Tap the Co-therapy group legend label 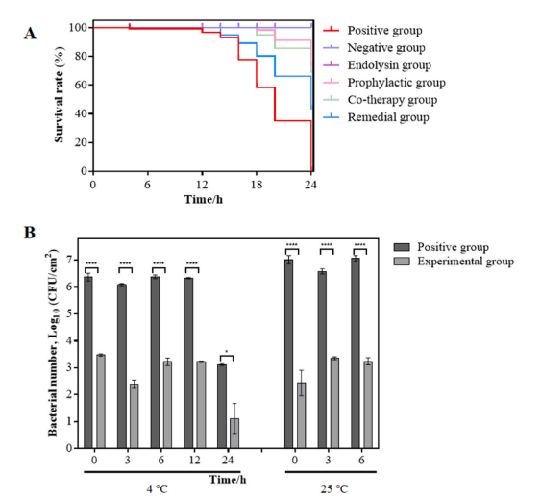392,100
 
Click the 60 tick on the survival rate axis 81,85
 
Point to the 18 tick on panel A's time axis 257,185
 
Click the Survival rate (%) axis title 59,94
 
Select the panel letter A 30,34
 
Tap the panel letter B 30,233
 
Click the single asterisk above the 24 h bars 227,352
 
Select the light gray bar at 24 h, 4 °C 234,434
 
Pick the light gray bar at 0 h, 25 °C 302,415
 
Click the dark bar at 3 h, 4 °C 122,366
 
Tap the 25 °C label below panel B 334,489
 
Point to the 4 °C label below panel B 157,489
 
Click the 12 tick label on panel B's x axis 195,460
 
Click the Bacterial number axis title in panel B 53,342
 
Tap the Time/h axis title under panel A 203,200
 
